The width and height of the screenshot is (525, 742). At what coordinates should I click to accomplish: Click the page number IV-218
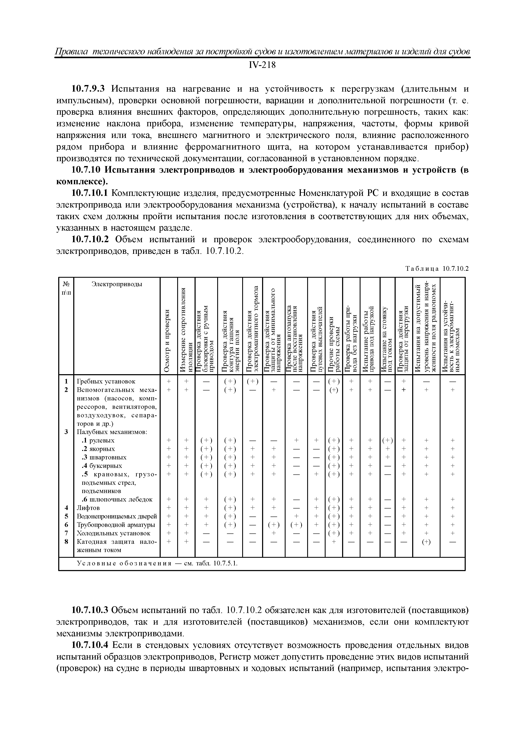[262, 66]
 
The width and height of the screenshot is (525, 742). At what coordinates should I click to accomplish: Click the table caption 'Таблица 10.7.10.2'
[437, 269]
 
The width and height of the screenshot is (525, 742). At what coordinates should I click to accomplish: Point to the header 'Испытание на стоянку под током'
[387, 339]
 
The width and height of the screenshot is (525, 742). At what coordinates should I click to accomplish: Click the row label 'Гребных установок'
[106, 382]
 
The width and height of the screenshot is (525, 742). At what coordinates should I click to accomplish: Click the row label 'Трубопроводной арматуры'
[116, 525]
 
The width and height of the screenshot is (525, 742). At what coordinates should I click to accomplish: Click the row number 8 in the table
[66, 541]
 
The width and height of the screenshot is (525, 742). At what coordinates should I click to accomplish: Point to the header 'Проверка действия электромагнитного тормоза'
[252, 330]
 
